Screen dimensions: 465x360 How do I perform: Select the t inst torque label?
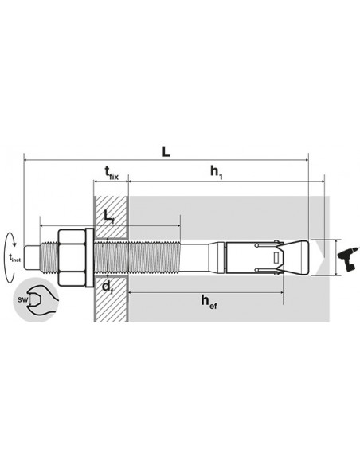pyautogui.click(x=14, y=256)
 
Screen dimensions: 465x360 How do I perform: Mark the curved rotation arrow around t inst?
pyautogui.click(x=9, y=255)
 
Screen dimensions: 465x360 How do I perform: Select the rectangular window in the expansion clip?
pyautogui.click(x=276, y=257)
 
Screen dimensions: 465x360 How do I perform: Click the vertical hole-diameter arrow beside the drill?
pyautogui.click(x=336, y=256)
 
